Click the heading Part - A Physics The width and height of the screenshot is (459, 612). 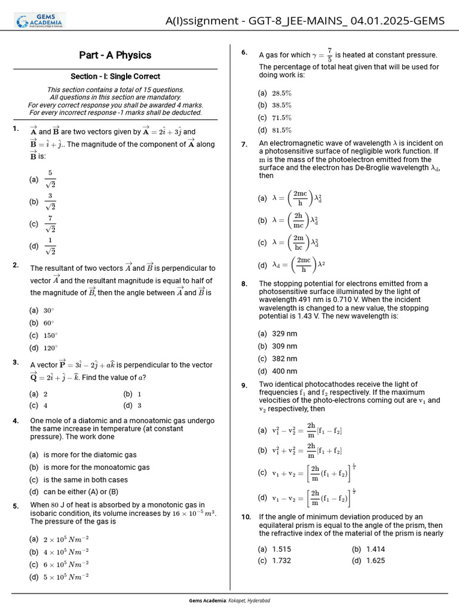tap(115, 55)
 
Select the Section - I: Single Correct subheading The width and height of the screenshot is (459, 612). tap(115, 76)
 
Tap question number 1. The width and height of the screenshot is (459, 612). tap(15, 129)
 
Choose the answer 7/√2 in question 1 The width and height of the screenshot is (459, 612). tap(50, 224)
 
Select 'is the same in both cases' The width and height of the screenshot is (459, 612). tap(85, 480)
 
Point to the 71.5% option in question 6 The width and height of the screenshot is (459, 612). tap(281, 118)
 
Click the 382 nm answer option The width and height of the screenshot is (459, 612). tap(284, 359)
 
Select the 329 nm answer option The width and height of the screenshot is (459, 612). tap(284, 333)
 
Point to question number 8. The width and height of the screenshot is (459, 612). tap(244, 284)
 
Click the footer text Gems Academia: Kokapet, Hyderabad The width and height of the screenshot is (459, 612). tap(229, 600)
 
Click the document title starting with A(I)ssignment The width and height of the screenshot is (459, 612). tap(305, 21)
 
